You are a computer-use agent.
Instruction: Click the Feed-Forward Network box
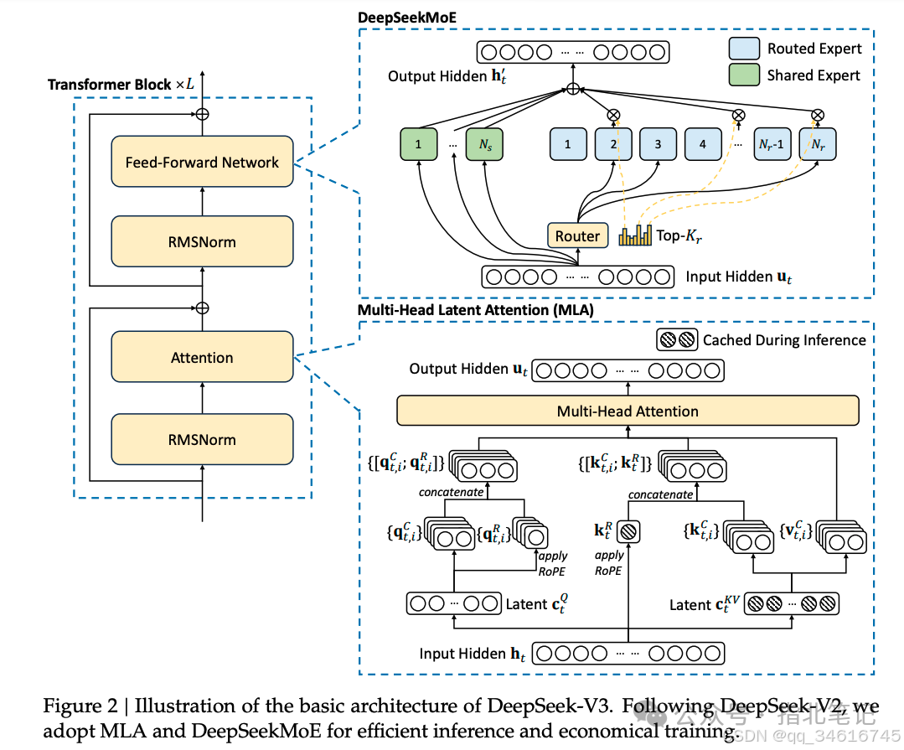pyautogui.click(x=202, y=162)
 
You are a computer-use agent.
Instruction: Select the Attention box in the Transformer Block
pyautogui.click(x=202, y=358)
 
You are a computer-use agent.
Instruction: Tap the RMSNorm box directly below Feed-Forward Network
pyautogui.click(x=202, y=242)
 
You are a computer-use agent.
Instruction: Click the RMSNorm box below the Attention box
pyautogui.click(x=202, y=440)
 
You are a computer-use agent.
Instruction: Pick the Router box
pyautogui.click(x=577, y=236)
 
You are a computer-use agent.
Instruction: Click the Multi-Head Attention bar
pyautogui.click(x=628, y=411)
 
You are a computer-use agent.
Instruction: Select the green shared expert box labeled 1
pyautogui.click(x=418, y=144)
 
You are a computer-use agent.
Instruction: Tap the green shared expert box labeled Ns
pyautogui.click(x=485, y=144)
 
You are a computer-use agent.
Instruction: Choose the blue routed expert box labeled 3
pyautogui.click(x=658, y=144)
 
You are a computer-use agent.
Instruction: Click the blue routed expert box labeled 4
pyautogui.click(x=702, y=144)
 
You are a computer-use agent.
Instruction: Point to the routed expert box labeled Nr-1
pyautogui.click(x=772, y=144)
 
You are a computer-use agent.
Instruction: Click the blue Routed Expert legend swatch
pyautogui.click(x=744, y=48)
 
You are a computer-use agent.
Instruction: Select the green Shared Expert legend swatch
pyautogui.click(x=744, y=75)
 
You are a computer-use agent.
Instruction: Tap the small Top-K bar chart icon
pyautogui.click(x=635, y=235)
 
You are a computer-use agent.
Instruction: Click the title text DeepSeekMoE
pyautogui.click(x=403, y=17)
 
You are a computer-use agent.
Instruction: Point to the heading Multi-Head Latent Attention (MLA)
pyautogui.click(x=474, y=309)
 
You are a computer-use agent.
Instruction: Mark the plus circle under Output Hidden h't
pyautogui.click(x=573, y=90)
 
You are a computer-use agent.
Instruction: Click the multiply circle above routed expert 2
pyautogui.click(x=614, y=114)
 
